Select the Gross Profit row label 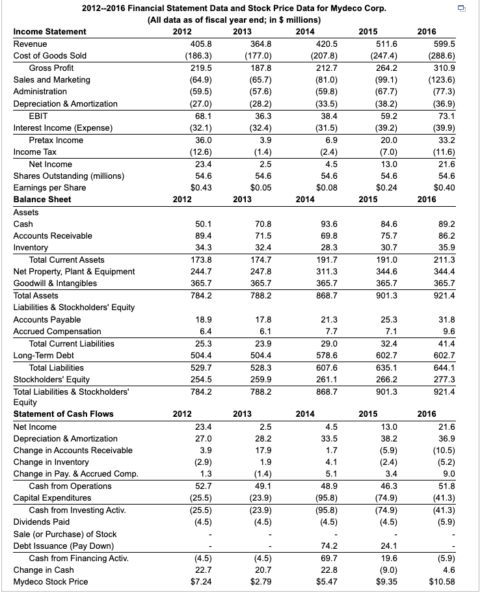[x=51, y=68]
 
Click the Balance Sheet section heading [x=42, y=199]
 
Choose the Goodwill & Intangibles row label [x=55, y=283]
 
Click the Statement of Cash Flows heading [x=63, y=414]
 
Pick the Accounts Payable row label [x=47, y=319]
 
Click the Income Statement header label [x=49, y=31]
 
